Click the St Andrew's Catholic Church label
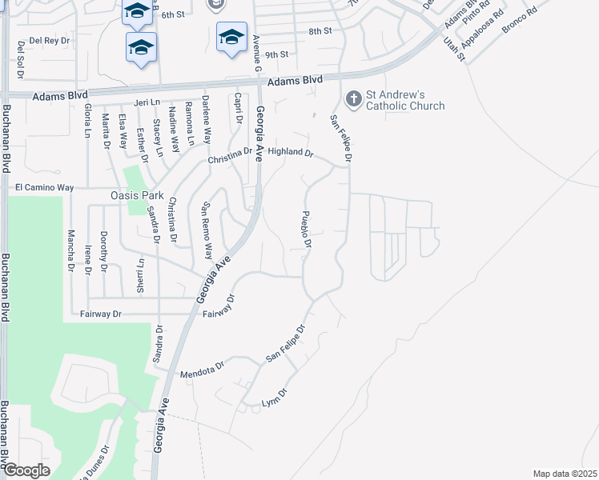tap(405, 100)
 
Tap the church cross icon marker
tap(352, 99)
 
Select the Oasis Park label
tap(136, 195)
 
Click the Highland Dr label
tap(290, 151)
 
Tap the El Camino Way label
tap(44, 187)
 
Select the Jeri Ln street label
tap(147, 103)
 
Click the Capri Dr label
tap(238, 110)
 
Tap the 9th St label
tap(276, 54)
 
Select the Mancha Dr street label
tap(70, 250)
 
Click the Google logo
tap(26, 470)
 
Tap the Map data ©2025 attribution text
tap(565, 474)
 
